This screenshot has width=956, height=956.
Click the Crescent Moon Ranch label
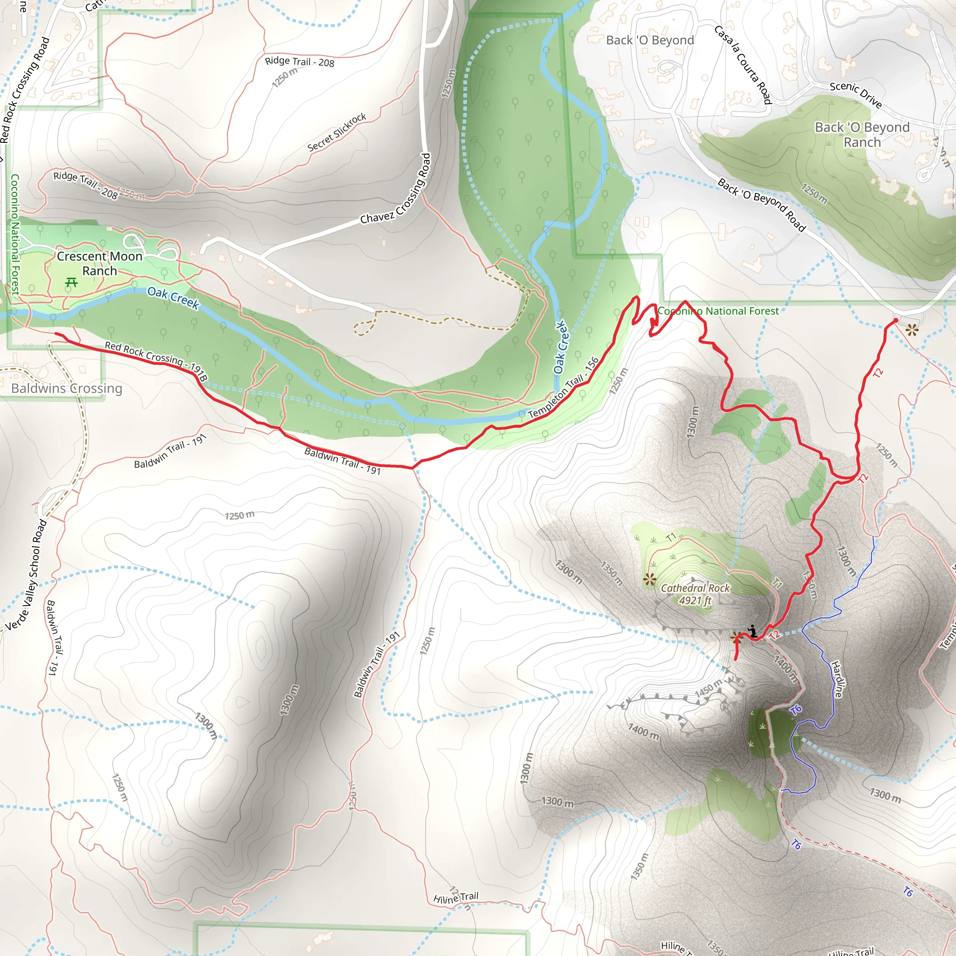[x=99, y=264]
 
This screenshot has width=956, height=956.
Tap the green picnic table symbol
[x=71, y=282]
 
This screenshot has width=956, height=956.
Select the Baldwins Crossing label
[x=66, y=388]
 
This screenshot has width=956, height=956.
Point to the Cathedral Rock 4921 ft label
[x=695, y=594]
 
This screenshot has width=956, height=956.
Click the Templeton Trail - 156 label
[x=563, y=387]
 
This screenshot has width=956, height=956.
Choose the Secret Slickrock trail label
[x=337, y=132]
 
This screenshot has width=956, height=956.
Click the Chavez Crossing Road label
[x=396, y=189]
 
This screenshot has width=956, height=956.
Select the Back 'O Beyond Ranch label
[x=862, y=134]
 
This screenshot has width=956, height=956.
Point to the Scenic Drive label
[x=856, y=94]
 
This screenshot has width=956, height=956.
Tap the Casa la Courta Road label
[x=743, y=65]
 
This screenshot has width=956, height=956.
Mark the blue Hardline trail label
[x=837, y=679]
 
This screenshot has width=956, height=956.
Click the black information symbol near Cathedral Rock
[x=752, y=631]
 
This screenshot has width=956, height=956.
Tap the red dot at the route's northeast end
[x=895, y=321]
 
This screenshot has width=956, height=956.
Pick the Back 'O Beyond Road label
[x=761, y=205]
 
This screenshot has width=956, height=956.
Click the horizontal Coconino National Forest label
[x=718, y=311]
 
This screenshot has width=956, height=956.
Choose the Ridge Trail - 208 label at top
[x=299, y=62]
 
